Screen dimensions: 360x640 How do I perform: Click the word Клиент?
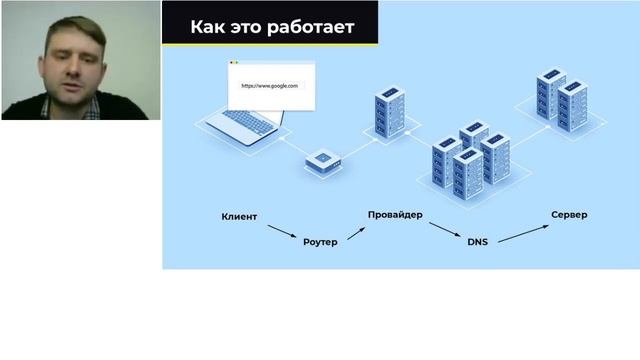[239, 216]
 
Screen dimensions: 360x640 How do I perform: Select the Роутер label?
[320, 242]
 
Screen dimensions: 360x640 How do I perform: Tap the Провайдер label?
[394, 215]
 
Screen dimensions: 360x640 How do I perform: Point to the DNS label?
[477, 242]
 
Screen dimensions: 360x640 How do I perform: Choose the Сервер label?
[569, 215]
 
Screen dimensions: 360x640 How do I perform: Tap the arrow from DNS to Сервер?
[521, 231]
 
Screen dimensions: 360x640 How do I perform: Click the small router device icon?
[322, 160]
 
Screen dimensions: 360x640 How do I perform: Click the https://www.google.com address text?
[270, 87]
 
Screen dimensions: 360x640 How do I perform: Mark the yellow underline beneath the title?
[270, 44]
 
